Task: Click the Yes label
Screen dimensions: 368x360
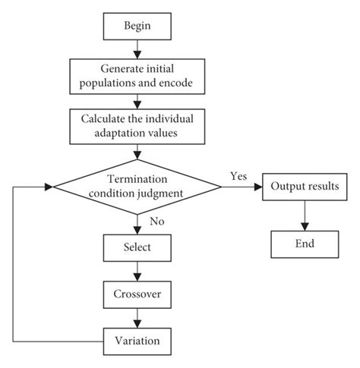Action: (x=237, y=176)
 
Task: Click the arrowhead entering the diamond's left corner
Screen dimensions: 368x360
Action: (x=51, y=187)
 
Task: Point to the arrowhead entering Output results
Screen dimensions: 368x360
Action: (x=257, y=187)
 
